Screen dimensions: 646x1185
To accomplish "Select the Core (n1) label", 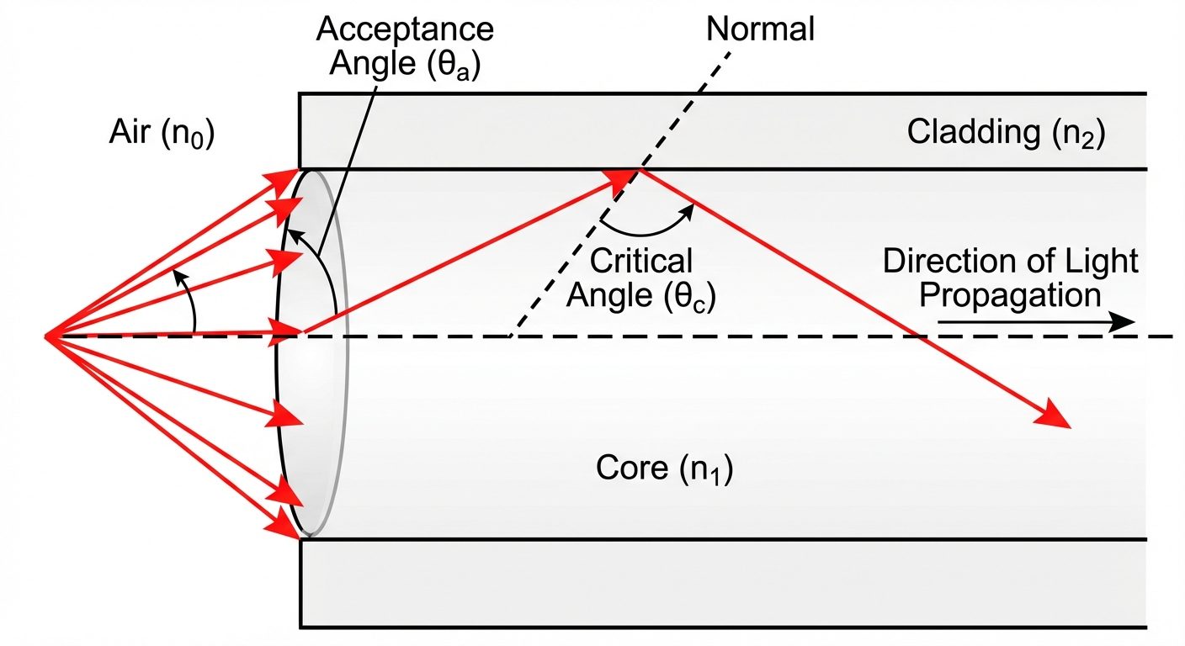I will pyautogui.click(x=664, y=469).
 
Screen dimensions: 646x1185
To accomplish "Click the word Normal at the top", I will pyautogui.click(x=760, y=29).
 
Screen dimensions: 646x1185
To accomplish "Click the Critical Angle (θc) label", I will pyautogui.click(x=641, y=278).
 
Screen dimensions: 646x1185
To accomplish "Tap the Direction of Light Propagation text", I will pyautogui.click(x=1009, y=278).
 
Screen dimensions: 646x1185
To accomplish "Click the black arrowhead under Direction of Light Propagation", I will pyautogui.click(x=1122, y=322).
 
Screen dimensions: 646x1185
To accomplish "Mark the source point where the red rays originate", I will pyautogui.click(x=46, y=336).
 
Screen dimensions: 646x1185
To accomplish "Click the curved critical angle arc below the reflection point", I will pyautogui.click(x=644, y=229).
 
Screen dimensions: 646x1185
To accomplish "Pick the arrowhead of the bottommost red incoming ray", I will pyautogui.click(x=284, y=526).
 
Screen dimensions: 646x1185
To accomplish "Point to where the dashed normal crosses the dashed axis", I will pyautogui.click(x=510, y=336).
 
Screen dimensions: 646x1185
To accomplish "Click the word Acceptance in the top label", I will pyautogui.click(x=404, y=30).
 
